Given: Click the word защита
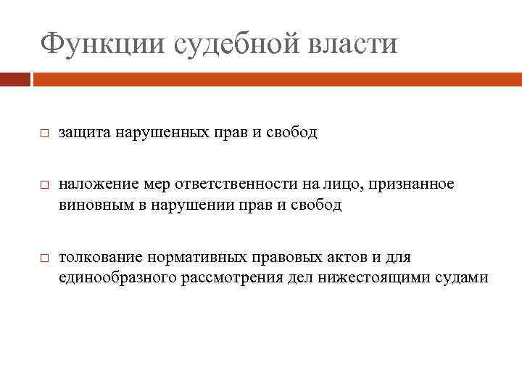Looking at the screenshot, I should click(83, 134).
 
